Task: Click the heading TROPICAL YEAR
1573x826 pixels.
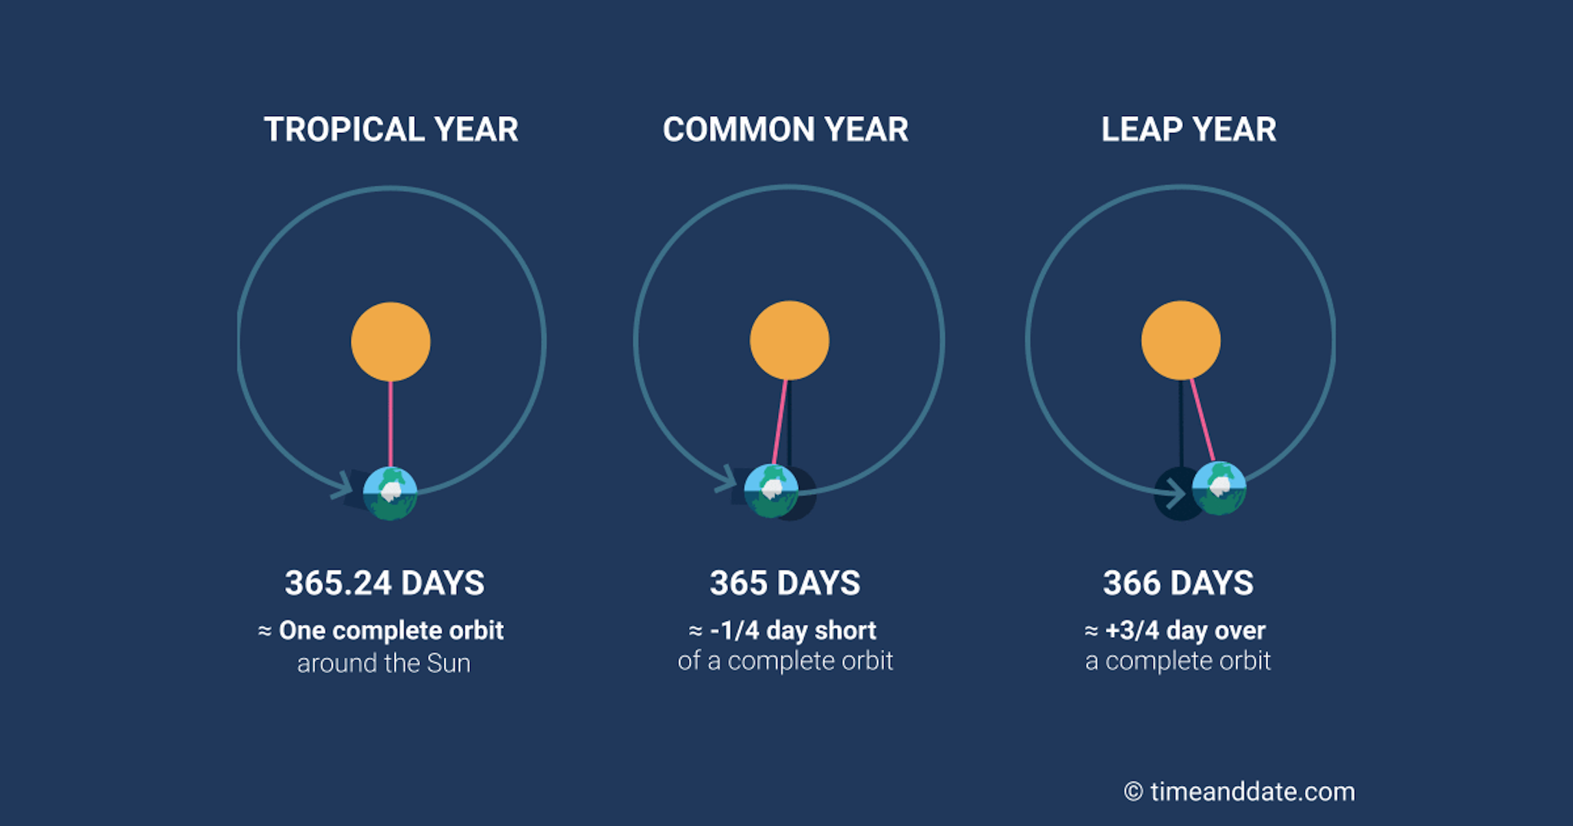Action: (391, 129)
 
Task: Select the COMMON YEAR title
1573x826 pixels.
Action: (786, 129)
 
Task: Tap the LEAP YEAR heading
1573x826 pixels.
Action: (1189, 129)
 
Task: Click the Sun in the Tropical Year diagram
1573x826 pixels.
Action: (391, 342)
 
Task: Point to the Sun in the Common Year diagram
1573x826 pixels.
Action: (790, 340)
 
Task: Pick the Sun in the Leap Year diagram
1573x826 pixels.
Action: (1181, 340)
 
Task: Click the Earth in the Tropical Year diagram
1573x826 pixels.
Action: (390, 493)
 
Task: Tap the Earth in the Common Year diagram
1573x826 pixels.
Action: (771, 491)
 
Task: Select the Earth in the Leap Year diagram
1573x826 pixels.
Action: (1219, 488)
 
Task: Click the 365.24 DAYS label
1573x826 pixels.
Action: (385, 583)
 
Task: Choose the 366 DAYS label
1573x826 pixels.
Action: (1178, 583)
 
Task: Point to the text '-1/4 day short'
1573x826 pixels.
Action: (793, 631)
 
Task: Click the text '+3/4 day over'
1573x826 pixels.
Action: (1185, 631)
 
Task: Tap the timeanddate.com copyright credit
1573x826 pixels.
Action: (1240, 791)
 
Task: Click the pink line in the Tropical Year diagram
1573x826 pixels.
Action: (391, 424)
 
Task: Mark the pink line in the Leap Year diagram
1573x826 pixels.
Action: (1203, 420)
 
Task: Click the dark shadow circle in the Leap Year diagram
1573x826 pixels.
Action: (1174, 494)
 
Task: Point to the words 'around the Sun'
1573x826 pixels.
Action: (384, 663)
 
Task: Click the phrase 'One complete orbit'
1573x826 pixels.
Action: (391, 631)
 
